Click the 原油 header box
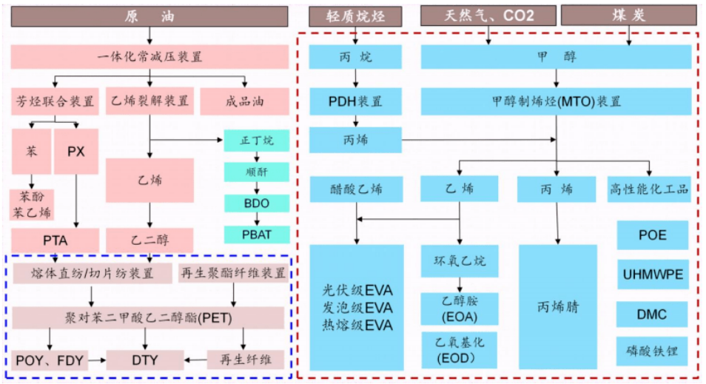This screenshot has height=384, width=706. coord(149,16)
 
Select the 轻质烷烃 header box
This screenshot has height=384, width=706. coord(354,16)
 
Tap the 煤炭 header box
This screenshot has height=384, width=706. coord(629,16)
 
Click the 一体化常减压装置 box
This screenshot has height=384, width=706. coord(149,57)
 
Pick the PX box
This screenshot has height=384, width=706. coord(76,152)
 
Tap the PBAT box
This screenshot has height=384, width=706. coord(256,235)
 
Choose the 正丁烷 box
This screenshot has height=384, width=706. coord(256,141)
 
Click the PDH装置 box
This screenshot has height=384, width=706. coord(355,101)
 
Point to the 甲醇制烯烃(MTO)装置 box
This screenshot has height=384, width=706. coord(557,101)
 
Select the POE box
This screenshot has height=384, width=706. coord(652,235)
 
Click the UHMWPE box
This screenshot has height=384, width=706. coord(652,275)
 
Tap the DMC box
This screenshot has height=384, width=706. coord(652,314)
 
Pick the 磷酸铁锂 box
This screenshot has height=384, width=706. coord(652,351)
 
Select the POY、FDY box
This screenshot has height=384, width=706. coord(50,360)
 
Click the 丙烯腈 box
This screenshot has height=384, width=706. coord(557,307)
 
